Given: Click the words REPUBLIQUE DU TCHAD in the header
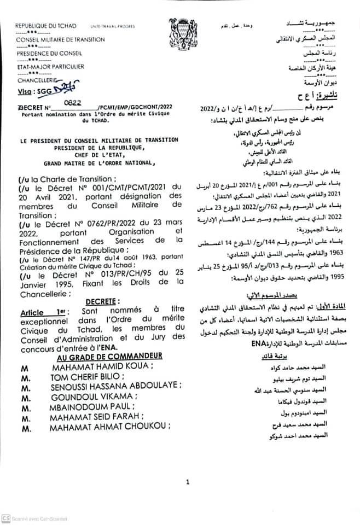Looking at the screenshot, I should tap(46, 26).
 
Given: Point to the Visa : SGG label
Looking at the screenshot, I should tap(34, 91).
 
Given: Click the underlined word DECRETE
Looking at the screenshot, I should tap(101, 302).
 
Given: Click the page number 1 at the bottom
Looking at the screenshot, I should tap(187, 482).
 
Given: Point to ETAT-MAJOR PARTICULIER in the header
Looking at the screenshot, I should tap(50, 67).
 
